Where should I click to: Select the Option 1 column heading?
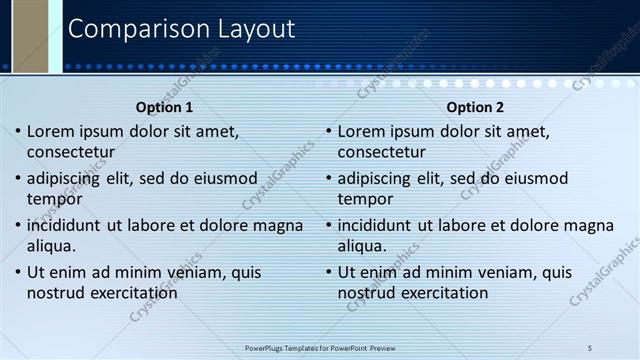(x=164, y=108)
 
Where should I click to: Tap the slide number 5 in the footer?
(x=590, y=347)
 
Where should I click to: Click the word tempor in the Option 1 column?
(x=54, y=199)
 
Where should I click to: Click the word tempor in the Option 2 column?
(x=365, y=199)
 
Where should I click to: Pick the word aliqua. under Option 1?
(x=52, y=246)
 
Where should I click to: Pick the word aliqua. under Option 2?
(x=363, y=246)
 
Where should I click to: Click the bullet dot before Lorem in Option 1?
(x=17, y=131)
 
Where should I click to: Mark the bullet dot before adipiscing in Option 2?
(x=328, y=178)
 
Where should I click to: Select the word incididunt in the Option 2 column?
(x=380, y=225)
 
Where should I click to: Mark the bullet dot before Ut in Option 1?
(x=17, y=272)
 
